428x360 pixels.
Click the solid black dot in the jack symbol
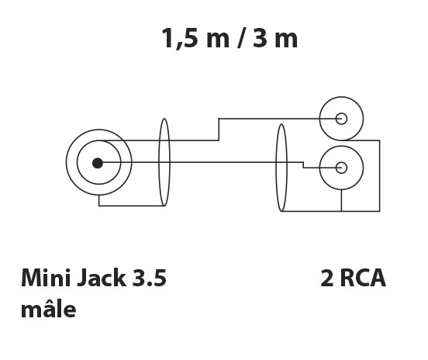[x=98, y=163]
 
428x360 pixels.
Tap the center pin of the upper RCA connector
[x=341, y=119]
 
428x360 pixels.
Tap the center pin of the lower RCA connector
[x=341, y=168]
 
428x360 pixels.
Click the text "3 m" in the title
[x=275, y=38]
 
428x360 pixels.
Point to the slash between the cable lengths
[x=240, y=38]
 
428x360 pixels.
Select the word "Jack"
[x=102, y=278]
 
